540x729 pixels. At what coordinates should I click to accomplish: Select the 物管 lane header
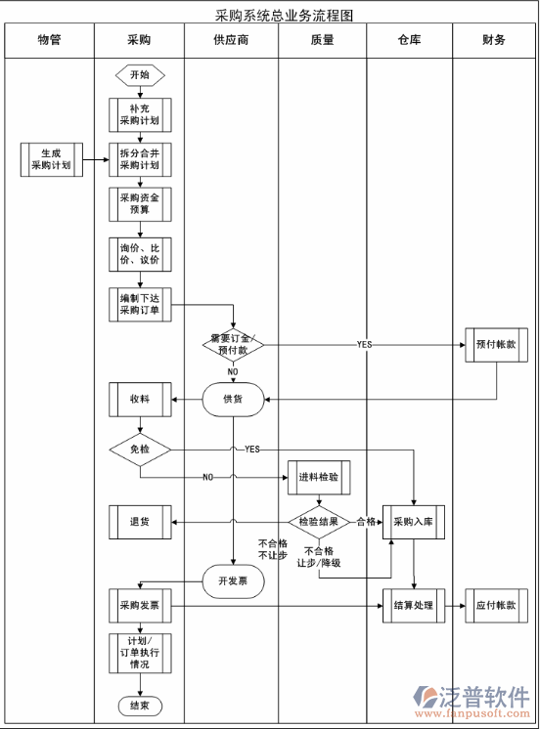(x=49, y=40)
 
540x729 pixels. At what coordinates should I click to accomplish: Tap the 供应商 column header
(x=231, y=40)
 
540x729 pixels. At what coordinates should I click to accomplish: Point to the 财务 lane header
(x=494, y=40)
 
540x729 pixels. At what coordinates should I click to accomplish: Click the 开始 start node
(x=140, y=75)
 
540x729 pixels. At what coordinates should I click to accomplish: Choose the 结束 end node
(x=140, y=706)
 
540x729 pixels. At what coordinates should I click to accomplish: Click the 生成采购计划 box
(x=51, y=159)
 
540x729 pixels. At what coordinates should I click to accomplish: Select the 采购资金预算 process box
(x=140, y=203)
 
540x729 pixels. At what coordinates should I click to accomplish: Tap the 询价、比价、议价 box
(x=140, y=254)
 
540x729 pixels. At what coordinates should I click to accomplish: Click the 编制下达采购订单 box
(x=140, y=305)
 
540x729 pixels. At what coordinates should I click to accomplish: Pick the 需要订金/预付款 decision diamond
(x=233, y=344)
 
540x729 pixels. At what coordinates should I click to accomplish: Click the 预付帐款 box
(x=496, y=345)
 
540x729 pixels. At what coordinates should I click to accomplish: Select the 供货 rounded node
(x=233, y=399)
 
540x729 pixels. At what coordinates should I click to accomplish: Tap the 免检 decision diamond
(x=140, y=450)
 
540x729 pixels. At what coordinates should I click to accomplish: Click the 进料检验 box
(x=319, y=477)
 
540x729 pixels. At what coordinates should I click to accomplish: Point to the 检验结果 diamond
(x=319, y=522)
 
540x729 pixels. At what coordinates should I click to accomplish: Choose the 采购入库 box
(x=414, y=522)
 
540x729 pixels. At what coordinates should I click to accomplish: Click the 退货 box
(x=140, y=522)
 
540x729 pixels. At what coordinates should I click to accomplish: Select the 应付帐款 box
(x=496, y=606)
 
